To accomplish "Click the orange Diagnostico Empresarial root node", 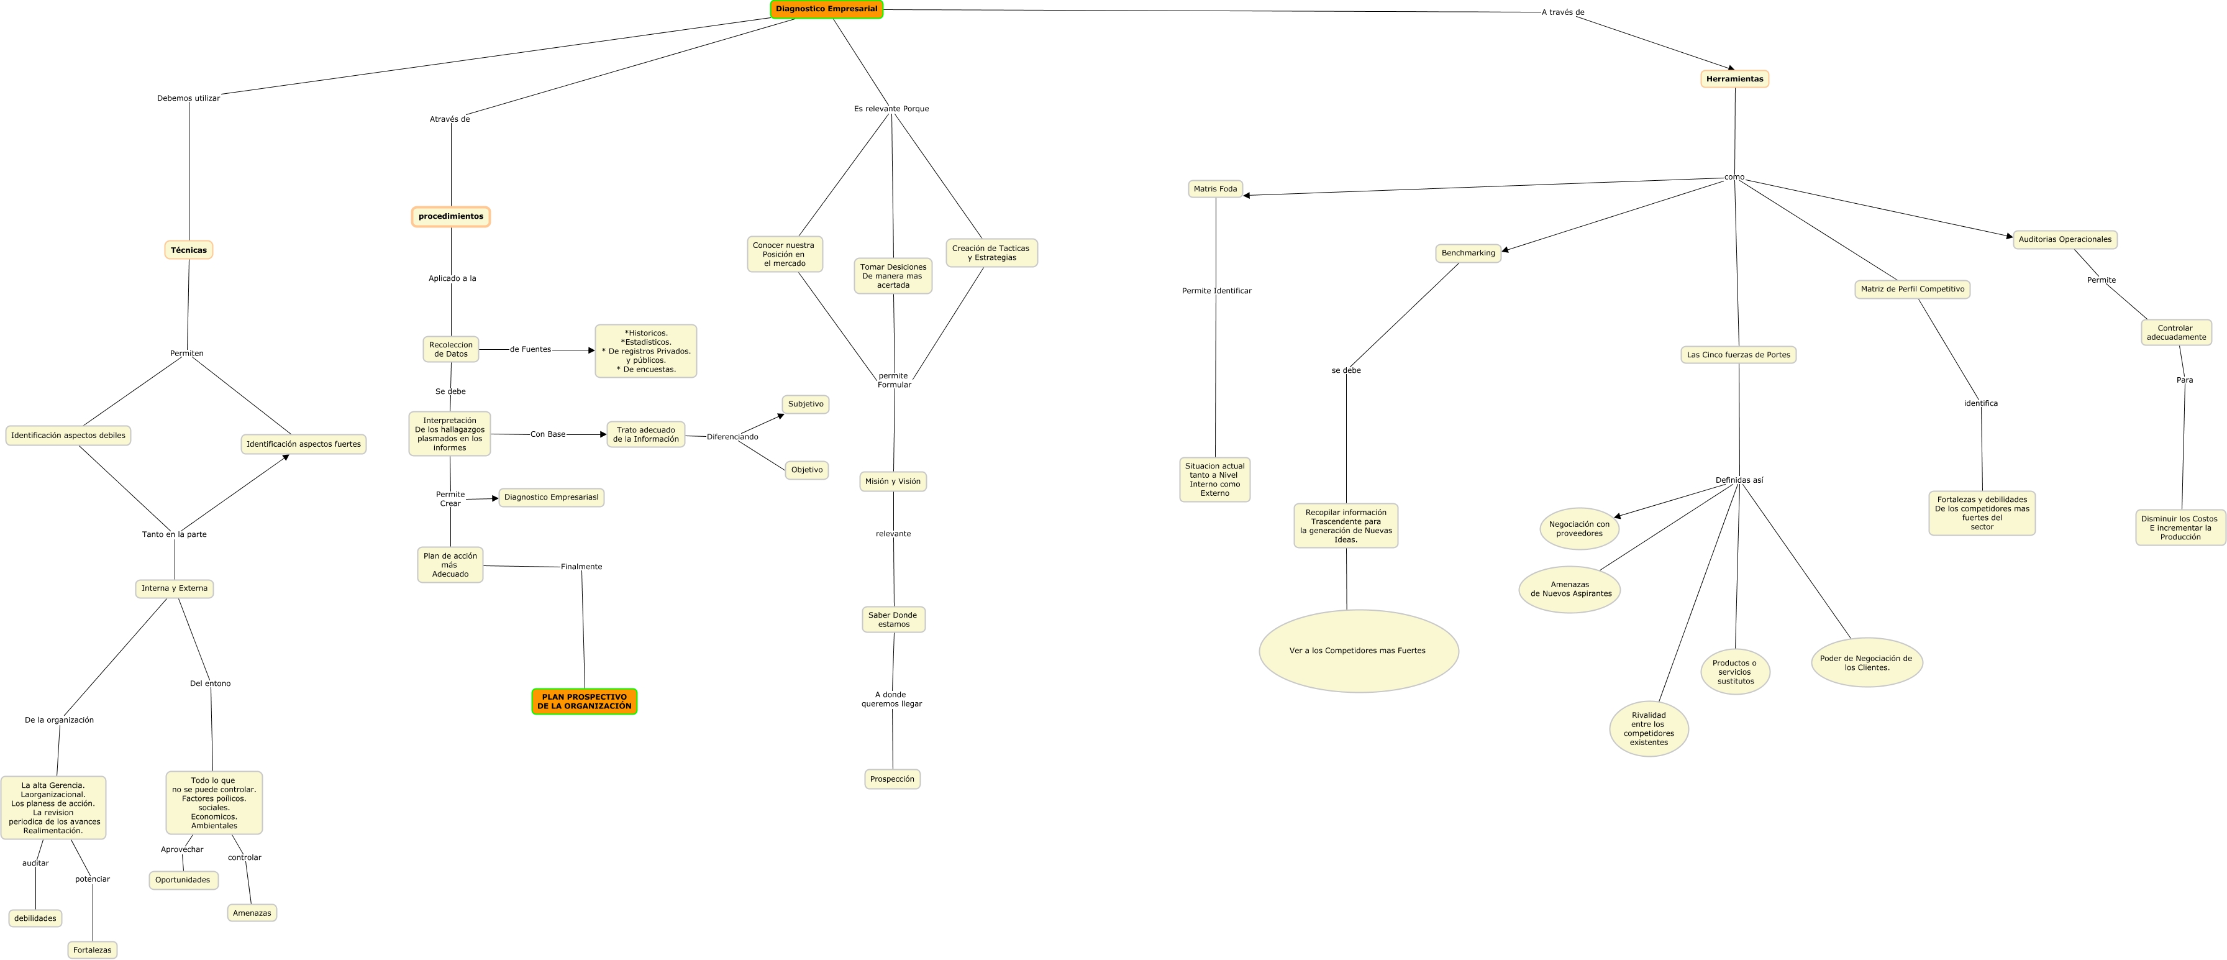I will point(826,9).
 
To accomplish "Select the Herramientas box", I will point(1734,79).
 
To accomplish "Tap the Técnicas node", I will point(188,250).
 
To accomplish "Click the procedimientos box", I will point(450,216).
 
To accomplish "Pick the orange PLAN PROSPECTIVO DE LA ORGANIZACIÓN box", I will point(585,702).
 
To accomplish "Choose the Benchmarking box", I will point(1468,254).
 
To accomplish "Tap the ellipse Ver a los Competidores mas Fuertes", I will point(1358,651).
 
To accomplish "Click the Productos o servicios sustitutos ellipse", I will point(1735,672).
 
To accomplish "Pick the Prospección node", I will point(892,779).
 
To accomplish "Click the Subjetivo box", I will point(806,404).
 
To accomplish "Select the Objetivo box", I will point(806,470).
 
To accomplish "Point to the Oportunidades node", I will point(183,880).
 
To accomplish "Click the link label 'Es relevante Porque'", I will point(891,109).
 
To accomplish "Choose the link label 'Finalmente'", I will point(581,567).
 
